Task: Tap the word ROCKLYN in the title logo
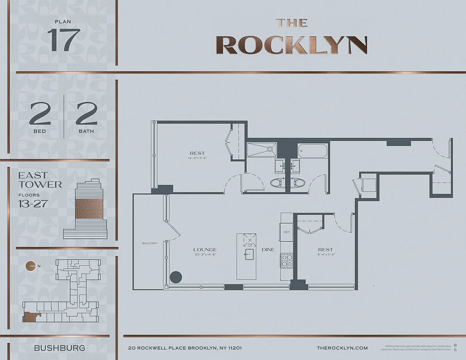click(x=291, y=45)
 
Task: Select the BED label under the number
click(x=40, y=131)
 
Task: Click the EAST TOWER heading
click(x=40, y=180)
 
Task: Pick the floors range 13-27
click(x=33, y=204)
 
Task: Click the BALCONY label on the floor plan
click(x=150, y=243)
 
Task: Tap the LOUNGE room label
click(x=205, y=249)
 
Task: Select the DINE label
click(x=268, y=250)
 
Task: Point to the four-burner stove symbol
click(x=286, y=260)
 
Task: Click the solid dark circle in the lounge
click(x=175, y=277)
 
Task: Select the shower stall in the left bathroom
click(x=262, y=150)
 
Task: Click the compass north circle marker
click(x=31, y=266)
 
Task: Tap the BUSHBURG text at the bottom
click(x=59, y=348)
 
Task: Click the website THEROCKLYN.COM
click(x=342, y=348)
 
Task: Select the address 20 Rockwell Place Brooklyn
click(x=185, y=348)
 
